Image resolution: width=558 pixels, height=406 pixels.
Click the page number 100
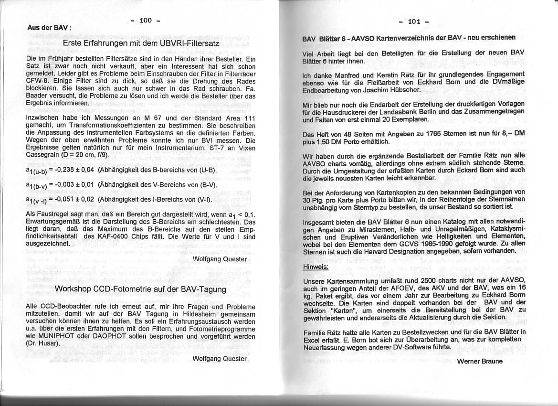point(146,20)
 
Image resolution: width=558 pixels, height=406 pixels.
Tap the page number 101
point(414,21)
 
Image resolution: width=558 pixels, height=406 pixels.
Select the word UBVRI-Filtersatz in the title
point(190,43)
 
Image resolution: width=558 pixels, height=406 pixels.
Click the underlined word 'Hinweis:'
point(316,267)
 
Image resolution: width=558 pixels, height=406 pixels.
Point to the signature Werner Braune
point(479,361)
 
